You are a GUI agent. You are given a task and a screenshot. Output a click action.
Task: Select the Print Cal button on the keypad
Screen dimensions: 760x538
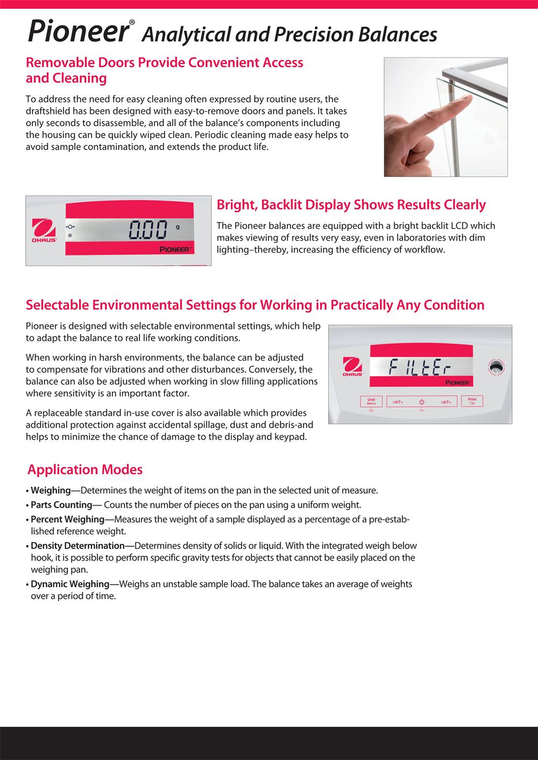pyautogui.click(x=472, y=401)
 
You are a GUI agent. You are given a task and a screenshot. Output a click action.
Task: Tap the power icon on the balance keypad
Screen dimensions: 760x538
pyautogui.click(x=422, y=402)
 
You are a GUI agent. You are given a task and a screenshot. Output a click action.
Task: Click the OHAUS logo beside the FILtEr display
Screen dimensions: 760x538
pyautogui.click(x=352, y=368)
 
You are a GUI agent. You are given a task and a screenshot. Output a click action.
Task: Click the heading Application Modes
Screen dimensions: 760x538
pyautogui.click(x=85, y=470)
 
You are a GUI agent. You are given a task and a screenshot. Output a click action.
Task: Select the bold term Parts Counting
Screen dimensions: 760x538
pyautogui.click(x=61, y=505)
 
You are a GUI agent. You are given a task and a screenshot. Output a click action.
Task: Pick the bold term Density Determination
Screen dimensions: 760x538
pyautogui.click(x=77, y=546)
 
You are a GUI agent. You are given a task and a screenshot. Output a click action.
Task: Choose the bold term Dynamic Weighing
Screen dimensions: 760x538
pyautogui.click(x=70, y=584)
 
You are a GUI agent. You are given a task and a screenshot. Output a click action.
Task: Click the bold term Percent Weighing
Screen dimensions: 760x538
pyautogui.click(x=67, y=519)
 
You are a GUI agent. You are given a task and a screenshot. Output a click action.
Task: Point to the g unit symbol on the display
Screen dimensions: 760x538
pyautogui.click(x=178, y=226)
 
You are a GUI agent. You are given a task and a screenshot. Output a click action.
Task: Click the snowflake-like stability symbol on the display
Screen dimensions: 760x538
pyautogui.click(x=69, y=236)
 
